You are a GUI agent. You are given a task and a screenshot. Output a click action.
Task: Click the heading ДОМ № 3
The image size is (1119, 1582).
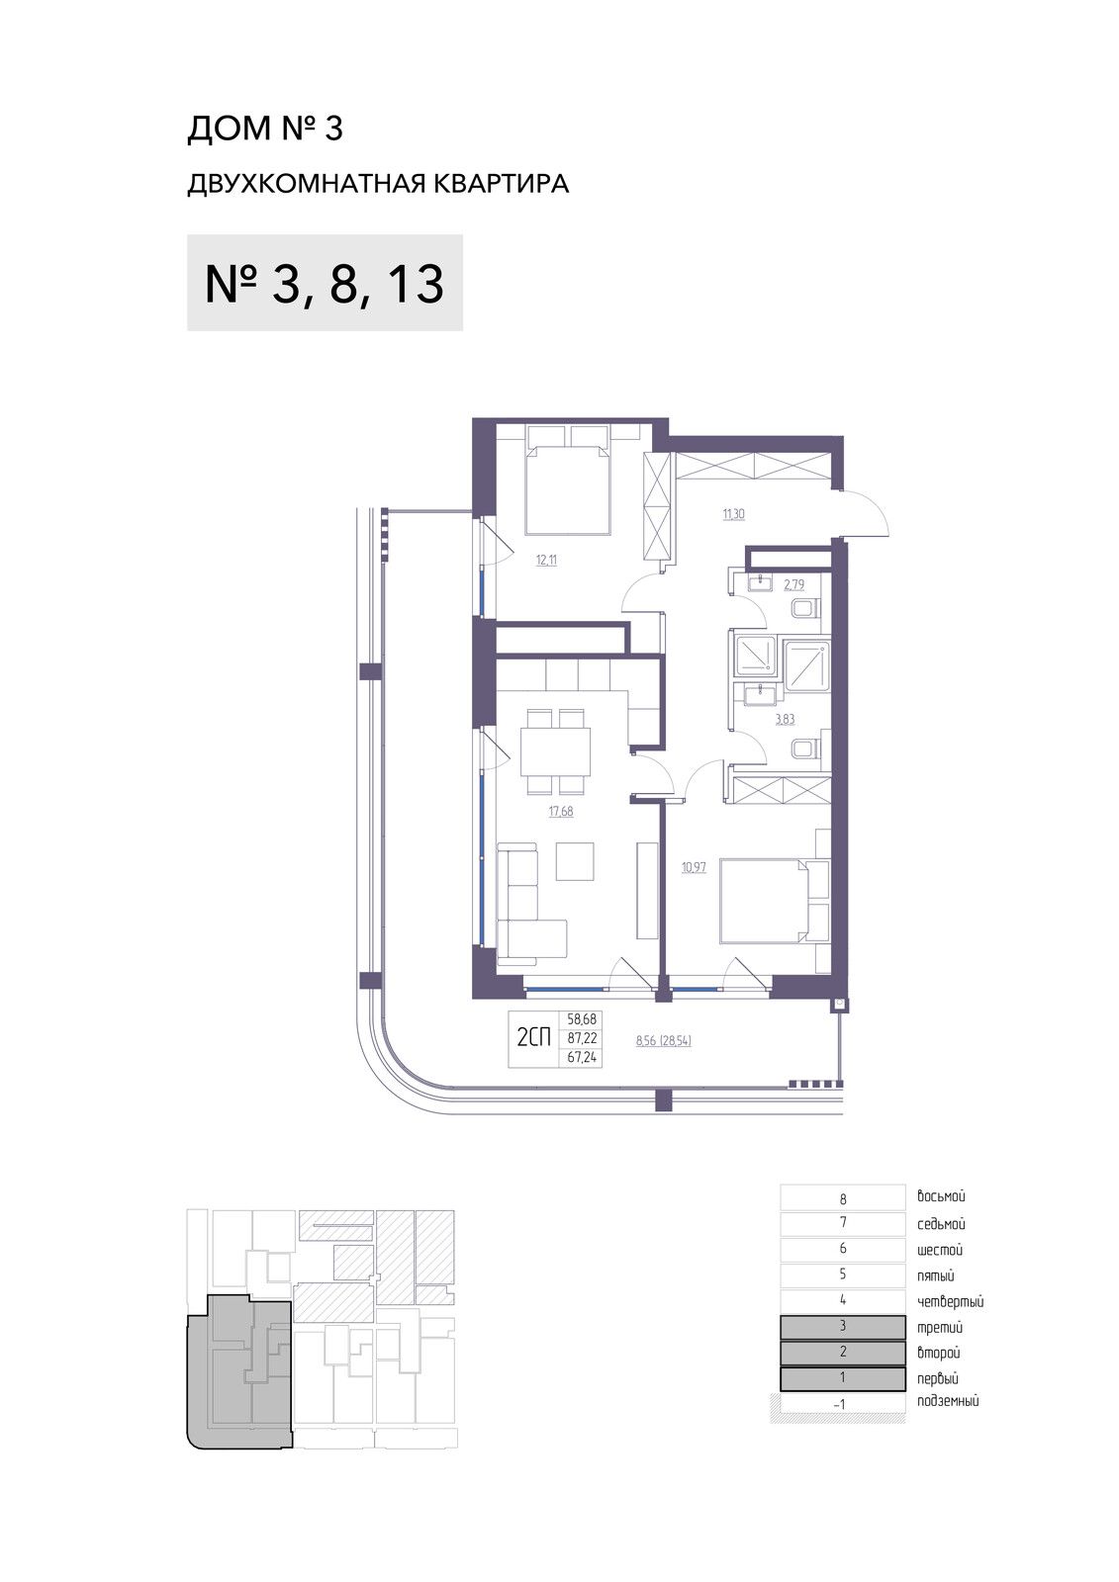point(264,129)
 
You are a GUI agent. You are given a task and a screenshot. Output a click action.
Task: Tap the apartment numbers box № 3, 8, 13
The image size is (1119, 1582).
point(325,283)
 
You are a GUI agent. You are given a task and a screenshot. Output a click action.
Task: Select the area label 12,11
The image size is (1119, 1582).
point(546,561)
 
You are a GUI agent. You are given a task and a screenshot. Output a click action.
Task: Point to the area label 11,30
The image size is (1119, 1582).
point(734,514)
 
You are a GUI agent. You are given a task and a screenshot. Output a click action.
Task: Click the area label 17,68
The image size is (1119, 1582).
point(561,812)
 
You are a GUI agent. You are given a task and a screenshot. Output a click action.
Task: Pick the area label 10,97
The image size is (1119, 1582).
point(695,867)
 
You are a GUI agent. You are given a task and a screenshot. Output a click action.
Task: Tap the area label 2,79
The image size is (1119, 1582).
point(793,584)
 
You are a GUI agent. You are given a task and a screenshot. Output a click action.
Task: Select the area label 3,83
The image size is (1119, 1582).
point(786,719)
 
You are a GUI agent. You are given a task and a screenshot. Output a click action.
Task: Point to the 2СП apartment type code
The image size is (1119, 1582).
point(533,1038)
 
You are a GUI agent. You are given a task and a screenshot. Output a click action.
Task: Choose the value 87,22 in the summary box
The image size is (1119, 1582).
point(582,1038)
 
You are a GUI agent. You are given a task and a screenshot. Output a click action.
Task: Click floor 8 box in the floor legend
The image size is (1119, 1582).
point(843,1198)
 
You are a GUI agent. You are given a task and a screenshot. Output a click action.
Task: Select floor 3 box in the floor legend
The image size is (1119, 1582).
point(843,1327)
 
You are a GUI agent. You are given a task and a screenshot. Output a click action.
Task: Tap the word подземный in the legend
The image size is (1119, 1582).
point(948,1401)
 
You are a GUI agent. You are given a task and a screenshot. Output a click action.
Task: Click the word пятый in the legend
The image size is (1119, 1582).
point(936,1276)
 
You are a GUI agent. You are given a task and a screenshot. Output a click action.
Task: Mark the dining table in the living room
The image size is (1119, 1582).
point(556,752)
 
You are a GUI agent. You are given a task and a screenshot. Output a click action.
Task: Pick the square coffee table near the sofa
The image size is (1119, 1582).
point(575,861)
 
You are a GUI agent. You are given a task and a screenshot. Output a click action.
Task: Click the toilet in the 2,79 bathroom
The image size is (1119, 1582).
point(806,608)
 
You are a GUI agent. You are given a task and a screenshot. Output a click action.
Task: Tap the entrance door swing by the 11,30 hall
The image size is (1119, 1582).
point(866,514)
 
